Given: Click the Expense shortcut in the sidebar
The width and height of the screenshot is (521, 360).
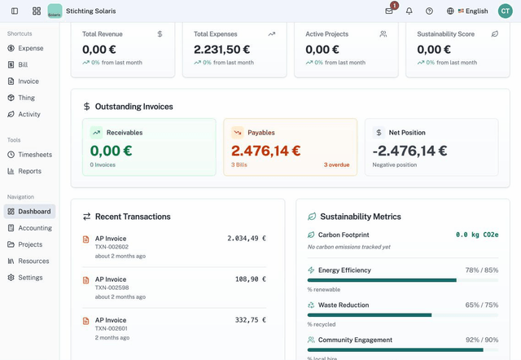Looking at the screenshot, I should point(30,48).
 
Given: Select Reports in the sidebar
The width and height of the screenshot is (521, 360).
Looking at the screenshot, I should point(29,171).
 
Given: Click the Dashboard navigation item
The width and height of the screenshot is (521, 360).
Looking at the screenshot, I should point(34,211).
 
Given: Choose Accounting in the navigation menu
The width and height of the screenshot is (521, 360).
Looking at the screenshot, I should point(34,228).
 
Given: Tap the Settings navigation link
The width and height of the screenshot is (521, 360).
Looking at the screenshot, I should point(30,278).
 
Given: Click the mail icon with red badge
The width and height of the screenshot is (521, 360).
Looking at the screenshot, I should point(389,11).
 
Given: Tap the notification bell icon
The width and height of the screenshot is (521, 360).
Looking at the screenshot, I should point(409,11).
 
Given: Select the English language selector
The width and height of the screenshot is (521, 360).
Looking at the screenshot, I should point(468,11).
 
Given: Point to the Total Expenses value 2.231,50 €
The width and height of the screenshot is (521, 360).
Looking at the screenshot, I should point(222,49).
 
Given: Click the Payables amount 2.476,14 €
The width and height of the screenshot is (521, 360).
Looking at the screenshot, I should point(265,151).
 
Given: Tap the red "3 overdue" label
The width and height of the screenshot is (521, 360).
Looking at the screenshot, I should point(336,165).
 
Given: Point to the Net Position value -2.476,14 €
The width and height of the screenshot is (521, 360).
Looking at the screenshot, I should point(409,151).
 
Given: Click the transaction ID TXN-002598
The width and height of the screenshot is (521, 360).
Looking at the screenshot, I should point(112,287).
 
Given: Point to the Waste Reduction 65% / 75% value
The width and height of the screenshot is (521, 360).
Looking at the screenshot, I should point(481,305).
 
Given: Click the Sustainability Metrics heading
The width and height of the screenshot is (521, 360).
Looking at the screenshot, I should point(360,217).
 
